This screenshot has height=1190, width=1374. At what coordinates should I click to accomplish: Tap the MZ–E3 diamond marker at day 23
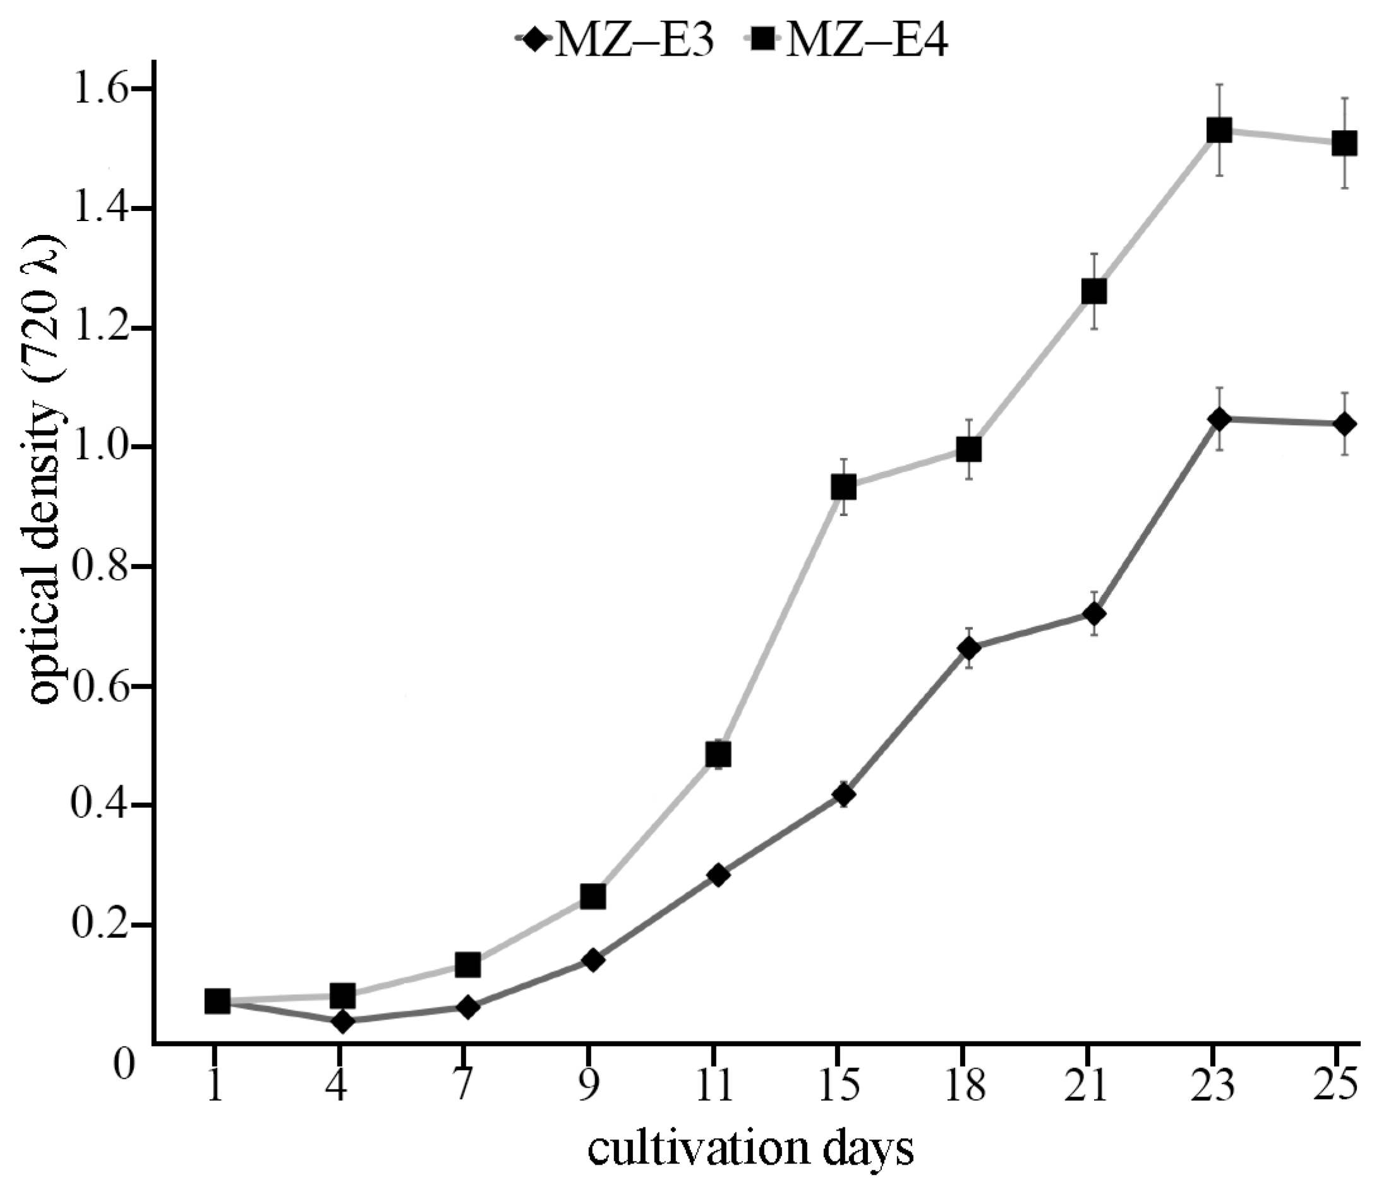(1219, 419)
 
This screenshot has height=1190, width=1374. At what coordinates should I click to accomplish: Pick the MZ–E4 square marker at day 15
(843, 488)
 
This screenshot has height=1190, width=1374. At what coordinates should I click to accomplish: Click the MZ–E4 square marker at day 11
(718, 755)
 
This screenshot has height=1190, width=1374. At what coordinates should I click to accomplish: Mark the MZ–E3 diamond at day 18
(969, 648)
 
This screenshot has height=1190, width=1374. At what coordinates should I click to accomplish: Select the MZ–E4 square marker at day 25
(1345, 143)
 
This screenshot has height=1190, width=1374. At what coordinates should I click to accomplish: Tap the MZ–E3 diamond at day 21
(1094, 613)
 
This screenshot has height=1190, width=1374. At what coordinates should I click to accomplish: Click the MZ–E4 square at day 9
(593, 897)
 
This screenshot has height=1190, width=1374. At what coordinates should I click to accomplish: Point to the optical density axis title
(47, 471)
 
